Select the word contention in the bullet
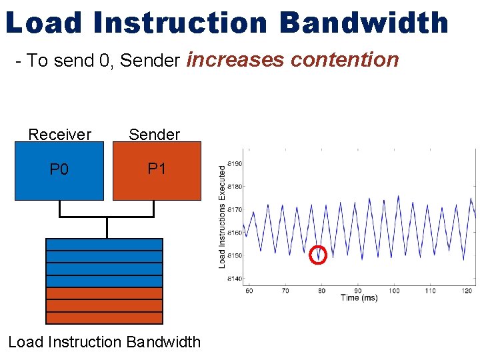click(x=345, y=60)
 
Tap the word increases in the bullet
click(x=236, y=60)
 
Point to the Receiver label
click(x=59, y=135)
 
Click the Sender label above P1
click(x=154, y=135)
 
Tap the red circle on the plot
click(x=319, y=255)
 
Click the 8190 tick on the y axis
click(x=234, y=163)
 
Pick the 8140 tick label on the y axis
click(x=234, y=279)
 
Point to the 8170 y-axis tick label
click(x=234, y=209)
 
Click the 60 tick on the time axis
click(x=249, y=291)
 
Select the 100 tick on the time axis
click(x=394, y=291)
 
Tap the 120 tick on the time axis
click(x=467, y=291)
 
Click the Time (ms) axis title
click(x=359, y=298)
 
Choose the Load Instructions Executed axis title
click(x=223, y=217)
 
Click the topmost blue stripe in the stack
click(x=104, y=245)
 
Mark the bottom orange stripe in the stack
click(x=104, y=317)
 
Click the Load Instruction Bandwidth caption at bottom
click(x=104, y=342)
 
